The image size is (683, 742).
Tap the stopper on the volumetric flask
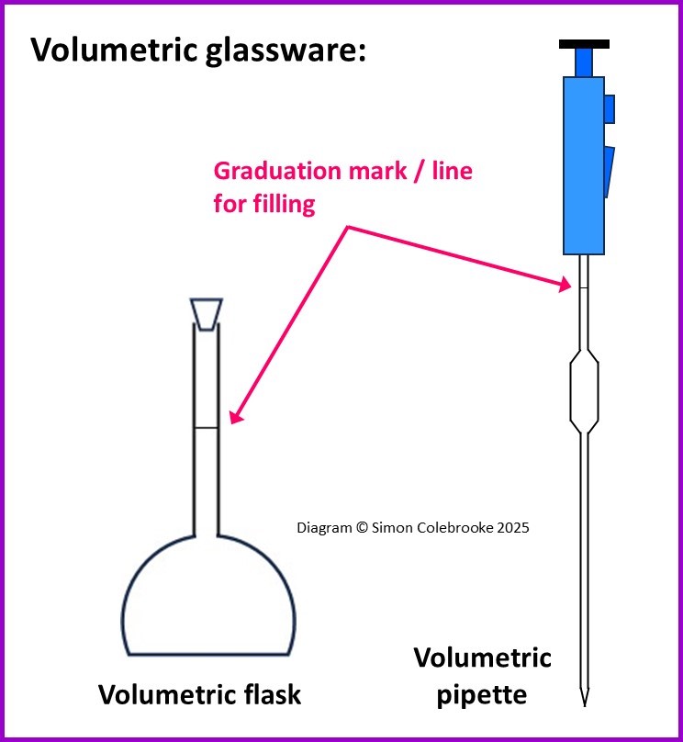206,313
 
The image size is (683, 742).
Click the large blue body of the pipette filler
583,165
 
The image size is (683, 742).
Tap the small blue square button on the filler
610,108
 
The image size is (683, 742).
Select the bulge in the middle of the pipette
584,391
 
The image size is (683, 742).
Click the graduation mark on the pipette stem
584,288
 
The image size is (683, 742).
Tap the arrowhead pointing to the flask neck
234,418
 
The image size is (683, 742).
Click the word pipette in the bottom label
481,694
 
